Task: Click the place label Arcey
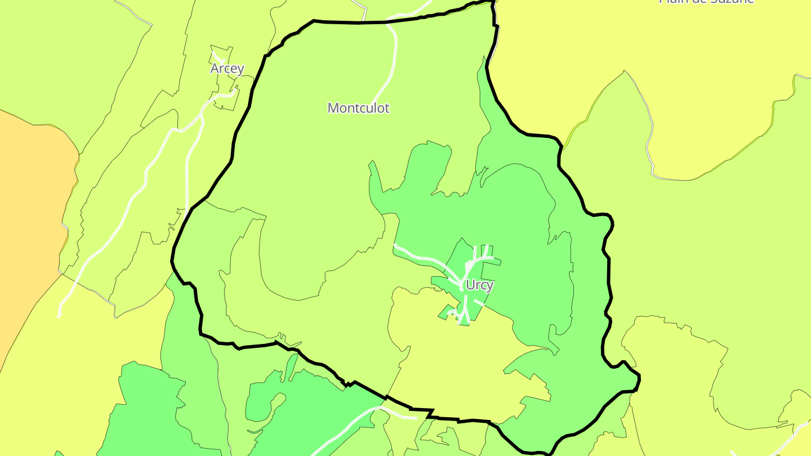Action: click(x=227, y=69)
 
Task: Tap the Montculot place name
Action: click(x=358, y=108)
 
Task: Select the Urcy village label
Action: click(x=479, y=285)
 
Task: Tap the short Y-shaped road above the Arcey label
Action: click(x=217, y=57)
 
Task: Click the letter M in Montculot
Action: click(x=333, y=108)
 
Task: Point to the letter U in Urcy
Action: click(x=471, y=285)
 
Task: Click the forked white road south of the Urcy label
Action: click(x=466, y=310)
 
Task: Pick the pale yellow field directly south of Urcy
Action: click(x=451, y=360)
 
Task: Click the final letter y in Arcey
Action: click(x=240, y=70)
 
